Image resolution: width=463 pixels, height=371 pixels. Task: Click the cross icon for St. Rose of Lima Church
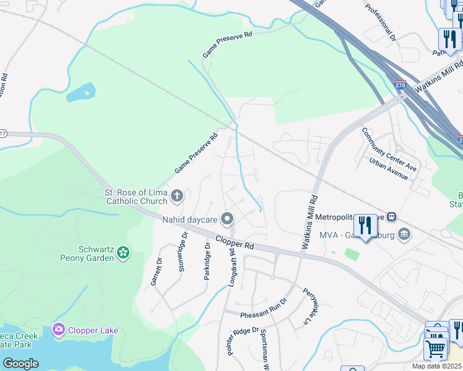[x=176, y=197]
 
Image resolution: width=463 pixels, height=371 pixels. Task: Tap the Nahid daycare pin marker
[x=227, y=219]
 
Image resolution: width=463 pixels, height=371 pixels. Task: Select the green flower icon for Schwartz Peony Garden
[x=123, y=252]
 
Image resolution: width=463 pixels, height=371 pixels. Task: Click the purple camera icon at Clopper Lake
[x=59, y=330]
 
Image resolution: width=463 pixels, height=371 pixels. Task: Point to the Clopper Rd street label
[x=235, y=242]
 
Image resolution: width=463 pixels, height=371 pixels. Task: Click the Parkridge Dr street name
[x=207, y=261]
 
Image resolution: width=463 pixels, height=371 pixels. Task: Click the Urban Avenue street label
[x=388, y=168]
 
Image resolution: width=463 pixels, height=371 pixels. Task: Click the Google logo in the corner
[x=20, y=363]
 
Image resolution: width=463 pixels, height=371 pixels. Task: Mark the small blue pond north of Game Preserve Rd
[x=81, y=93]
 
